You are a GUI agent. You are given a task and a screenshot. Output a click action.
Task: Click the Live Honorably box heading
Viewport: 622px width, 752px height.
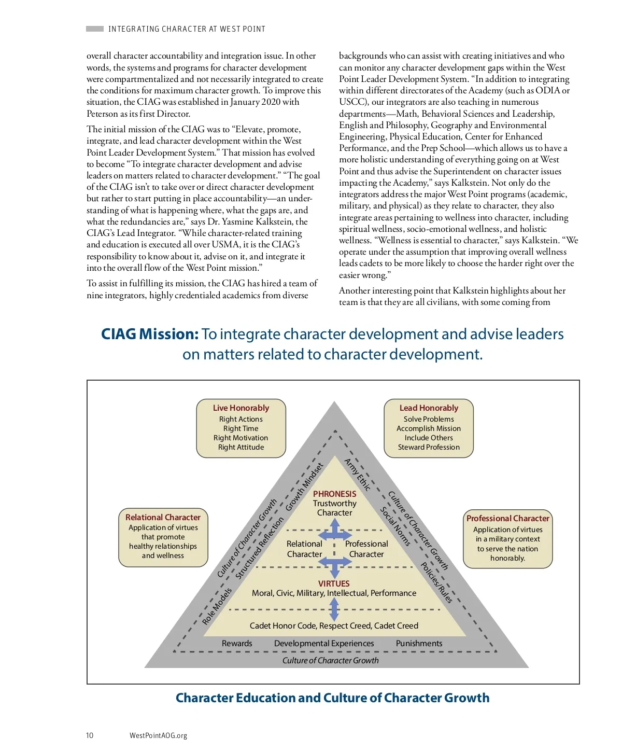click(241, 408)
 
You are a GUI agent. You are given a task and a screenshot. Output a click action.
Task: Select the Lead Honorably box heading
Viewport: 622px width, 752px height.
click(429, 408)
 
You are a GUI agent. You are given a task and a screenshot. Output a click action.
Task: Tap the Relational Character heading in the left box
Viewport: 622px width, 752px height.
click(163, 518)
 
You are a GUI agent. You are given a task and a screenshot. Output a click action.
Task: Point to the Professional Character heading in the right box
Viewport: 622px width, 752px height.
click(507, 519)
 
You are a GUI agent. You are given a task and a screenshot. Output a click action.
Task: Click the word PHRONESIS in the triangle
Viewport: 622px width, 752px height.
click(334, 494)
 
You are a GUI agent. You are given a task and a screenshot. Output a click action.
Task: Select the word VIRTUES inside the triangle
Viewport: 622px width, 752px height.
click(334, 584)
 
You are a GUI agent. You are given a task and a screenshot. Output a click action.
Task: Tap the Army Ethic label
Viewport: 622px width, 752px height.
click(358, 475)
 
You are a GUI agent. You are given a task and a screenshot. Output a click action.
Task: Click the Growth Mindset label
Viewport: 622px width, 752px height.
click(304, 486)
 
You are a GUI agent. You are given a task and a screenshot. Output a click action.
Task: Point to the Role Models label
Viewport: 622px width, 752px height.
click(217, 606)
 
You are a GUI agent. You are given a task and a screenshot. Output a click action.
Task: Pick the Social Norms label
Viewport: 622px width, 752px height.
click(395, 526)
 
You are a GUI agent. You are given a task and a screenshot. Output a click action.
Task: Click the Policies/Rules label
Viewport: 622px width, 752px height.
click(436, 582)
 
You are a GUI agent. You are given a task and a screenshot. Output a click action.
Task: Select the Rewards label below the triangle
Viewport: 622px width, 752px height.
click(237, 644)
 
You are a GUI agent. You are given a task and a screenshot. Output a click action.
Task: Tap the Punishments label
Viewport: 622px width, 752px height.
click(419, 644)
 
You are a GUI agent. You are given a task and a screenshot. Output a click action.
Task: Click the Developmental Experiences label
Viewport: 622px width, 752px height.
click(324, 644)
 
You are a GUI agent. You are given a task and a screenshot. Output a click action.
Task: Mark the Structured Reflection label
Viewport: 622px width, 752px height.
click(260, 548)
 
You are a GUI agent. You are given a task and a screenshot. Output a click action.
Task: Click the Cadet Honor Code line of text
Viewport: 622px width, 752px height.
click(334, 626)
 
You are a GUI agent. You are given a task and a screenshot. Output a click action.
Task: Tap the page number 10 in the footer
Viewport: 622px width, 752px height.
click(90, 735)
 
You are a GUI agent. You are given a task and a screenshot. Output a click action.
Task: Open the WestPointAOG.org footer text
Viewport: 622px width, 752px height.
click(158, 735)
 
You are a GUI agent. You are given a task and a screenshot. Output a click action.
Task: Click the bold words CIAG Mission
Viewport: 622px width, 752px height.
click(150, 335)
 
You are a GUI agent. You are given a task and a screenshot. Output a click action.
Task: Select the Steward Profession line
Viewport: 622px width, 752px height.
click(429, 447)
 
